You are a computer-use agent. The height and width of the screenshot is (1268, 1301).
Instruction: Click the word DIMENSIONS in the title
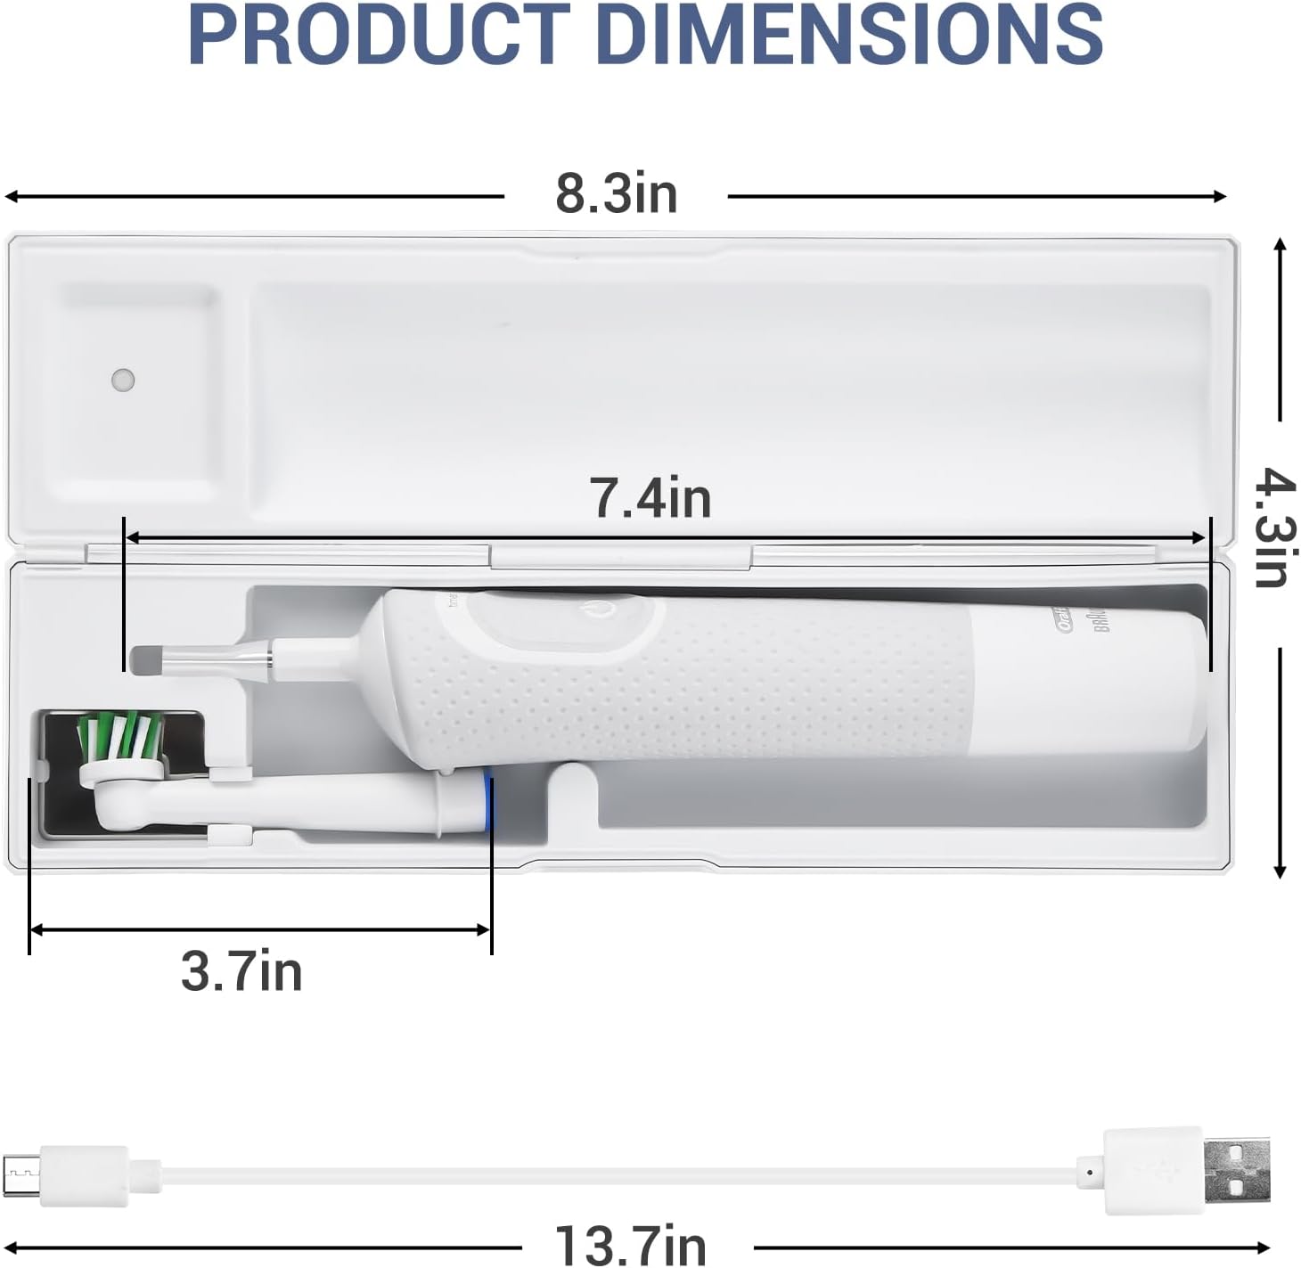click(x=855, y=36)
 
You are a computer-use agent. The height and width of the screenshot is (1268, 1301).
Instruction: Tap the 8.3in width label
click(x=617, y=194)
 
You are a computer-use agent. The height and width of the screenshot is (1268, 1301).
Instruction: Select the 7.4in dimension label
click(x=650, y=498)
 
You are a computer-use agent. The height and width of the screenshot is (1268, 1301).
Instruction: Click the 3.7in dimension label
click(x=241, y=971)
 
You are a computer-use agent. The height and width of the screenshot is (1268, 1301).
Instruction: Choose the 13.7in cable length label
click(x=630, y=1244)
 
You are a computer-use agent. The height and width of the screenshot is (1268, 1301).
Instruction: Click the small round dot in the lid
click(x=123, y=380)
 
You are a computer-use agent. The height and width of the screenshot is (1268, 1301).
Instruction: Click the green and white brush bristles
click(x=120, y=735)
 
